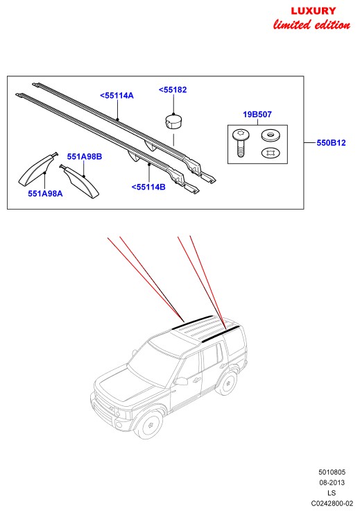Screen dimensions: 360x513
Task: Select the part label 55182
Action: pos(173,90)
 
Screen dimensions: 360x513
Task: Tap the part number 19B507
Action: pos(257,115)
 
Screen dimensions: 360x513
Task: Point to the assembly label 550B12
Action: pos(331,142)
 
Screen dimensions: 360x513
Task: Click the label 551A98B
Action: pos(85,156)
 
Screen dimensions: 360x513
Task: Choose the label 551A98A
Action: pos(45,194)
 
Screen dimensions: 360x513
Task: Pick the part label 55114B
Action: pos(148,187)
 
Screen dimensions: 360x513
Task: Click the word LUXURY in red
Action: pos(314,11)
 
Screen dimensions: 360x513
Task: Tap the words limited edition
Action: pos(311,24)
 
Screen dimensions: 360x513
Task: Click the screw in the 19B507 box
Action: pos(241,143)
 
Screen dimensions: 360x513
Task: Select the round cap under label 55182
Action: pos(172,121)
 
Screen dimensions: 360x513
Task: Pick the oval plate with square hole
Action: pos(271,153)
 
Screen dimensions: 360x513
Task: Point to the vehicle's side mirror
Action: pos(181,381)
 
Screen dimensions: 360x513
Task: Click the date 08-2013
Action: pos(332,482)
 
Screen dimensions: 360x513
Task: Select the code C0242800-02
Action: pos(332,503)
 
